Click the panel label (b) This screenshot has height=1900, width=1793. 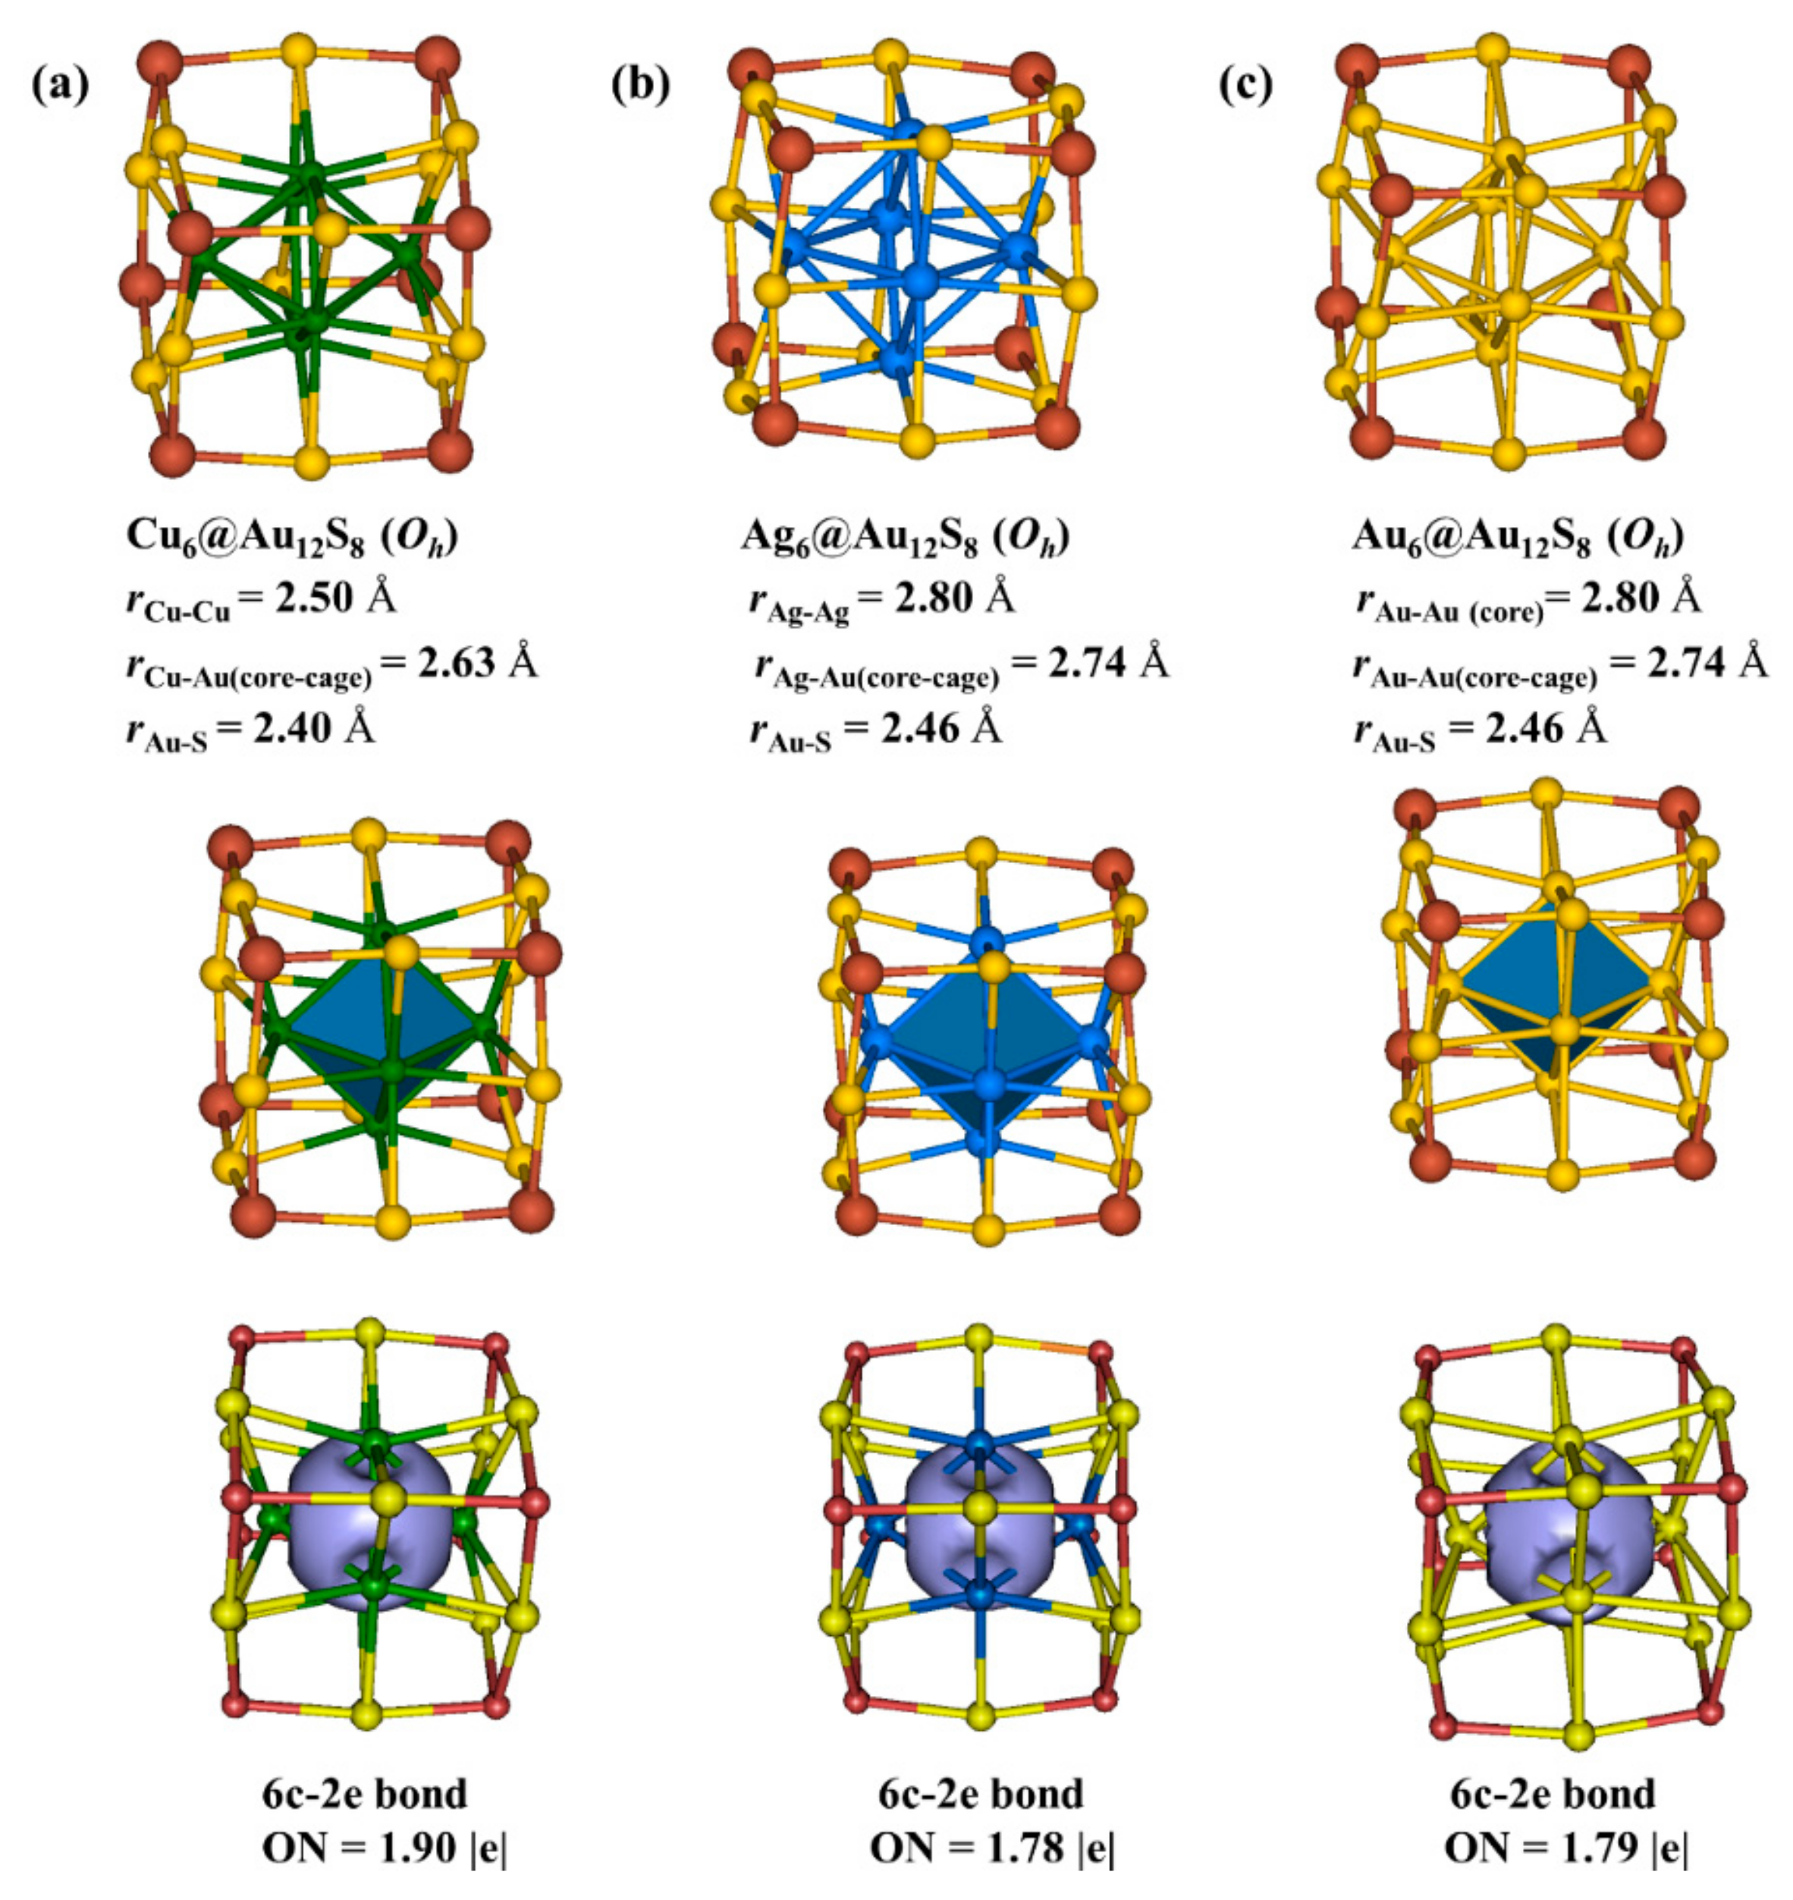pos(640,84)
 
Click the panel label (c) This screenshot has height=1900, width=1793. pos(1245,84)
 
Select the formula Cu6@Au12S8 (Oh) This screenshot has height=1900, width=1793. pos(291,538)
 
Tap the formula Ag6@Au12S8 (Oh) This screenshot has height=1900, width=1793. pos(905,538)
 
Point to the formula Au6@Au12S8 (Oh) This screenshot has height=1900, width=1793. pos(1517,538)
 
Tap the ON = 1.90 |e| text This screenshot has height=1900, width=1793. pos(385,1849)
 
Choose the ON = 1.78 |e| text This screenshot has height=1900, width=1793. pos(992,1849)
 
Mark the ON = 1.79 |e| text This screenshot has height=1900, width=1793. pos(1566,1849)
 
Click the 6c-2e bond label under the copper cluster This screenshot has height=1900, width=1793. pos(365,1794)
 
